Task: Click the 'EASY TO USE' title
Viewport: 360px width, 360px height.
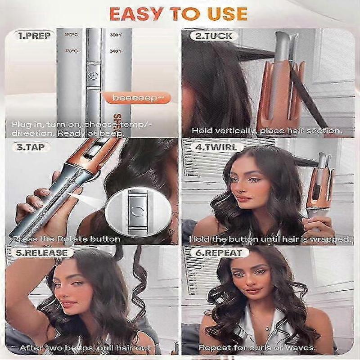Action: pyautogui.click(x=179, y=14)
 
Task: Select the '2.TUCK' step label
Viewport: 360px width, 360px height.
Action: pyautogui.click(x=211, y=35)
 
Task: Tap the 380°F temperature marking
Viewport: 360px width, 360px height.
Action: pyautogui.click(x=116, y=35)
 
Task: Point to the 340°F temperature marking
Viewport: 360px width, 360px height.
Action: pyautogui.click(x=116, y=51)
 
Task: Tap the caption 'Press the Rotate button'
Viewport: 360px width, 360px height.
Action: pyautogui.click(x=67, y=239)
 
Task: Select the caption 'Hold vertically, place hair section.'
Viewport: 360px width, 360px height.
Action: pyautogui.click(x=266, y=131)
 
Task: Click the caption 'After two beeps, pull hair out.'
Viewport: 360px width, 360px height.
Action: pyautogui.click(x=86, y=348)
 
